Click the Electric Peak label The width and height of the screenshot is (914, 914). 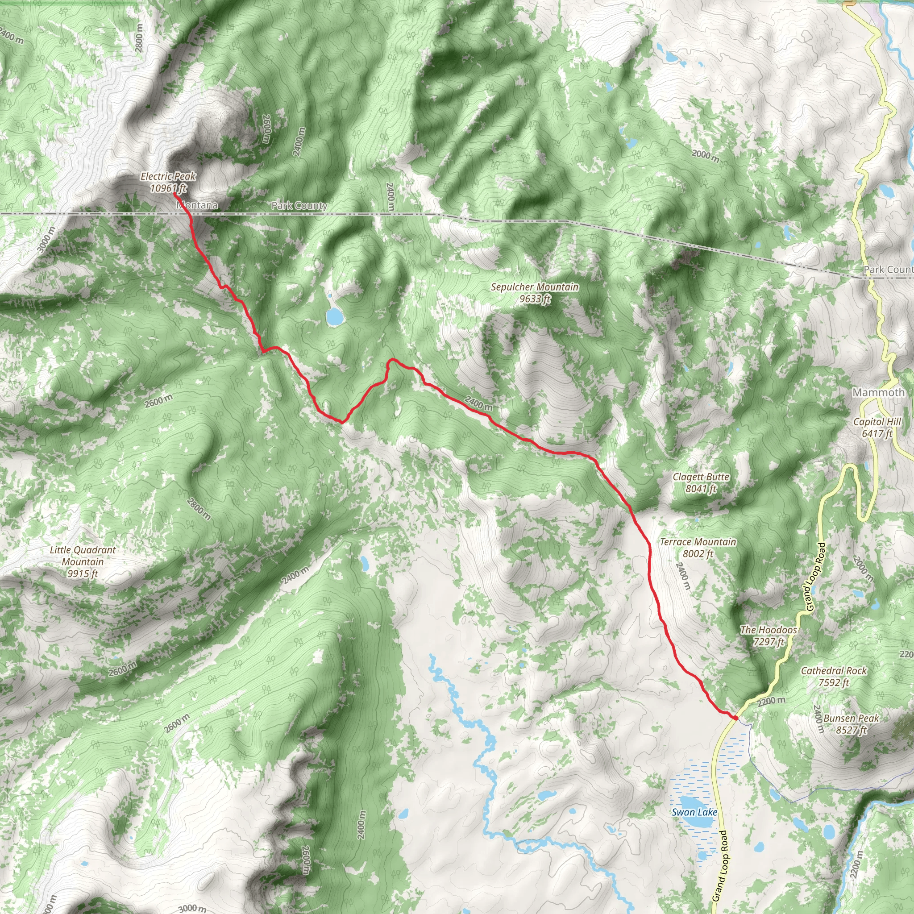[168, 182]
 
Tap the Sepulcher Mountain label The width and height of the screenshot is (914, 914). [535, 293]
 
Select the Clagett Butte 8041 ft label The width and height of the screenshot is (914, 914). [701, 482]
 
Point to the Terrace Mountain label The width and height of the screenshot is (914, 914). [698, 547]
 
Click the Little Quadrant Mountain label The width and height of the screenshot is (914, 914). [83, 561]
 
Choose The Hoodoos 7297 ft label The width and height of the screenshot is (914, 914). [769, 636]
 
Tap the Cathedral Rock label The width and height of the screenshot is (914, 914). [834, 676]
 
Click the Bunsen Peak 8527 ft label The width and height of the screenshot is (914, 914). [851, 724]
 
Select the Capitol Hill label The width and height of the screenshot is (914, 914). [877, 427]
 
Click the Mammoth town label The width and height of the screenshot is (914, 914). [878, 392]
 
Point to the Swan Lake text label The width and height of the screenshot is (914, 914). [694, 812]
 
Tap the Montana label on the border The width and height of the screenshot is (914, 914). [197, 205]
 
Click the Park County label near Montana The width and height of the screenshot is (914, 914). [299, 205]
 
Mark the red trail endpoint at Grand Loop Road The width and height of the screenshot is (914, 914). [735, 718]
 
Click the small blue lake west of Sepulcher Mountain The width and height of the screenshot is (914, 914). [334, 316]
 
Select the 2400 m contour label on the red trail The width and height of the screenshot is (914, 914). [478, 403]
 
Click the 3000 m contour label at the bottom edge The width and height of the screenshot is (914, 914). [192, 907]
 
